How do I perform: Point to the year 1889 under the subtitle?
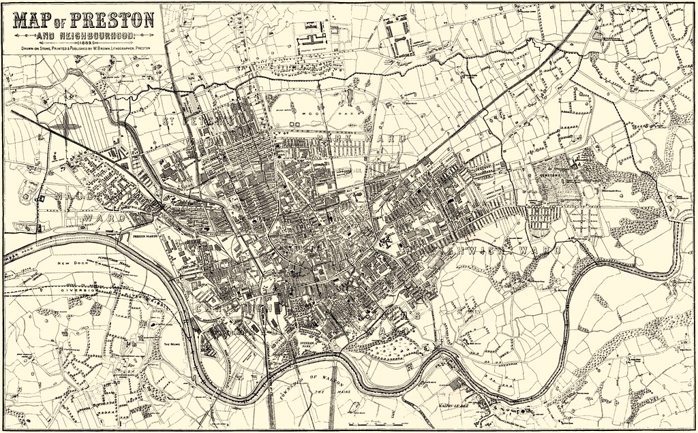click(x=81, y=42)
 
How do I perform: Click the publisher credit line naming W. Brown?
click(x=81, y=48)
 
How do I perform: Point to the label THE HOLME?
click(x=171, y=344)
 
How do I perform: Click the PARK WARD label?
click(x=361, y=138)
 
